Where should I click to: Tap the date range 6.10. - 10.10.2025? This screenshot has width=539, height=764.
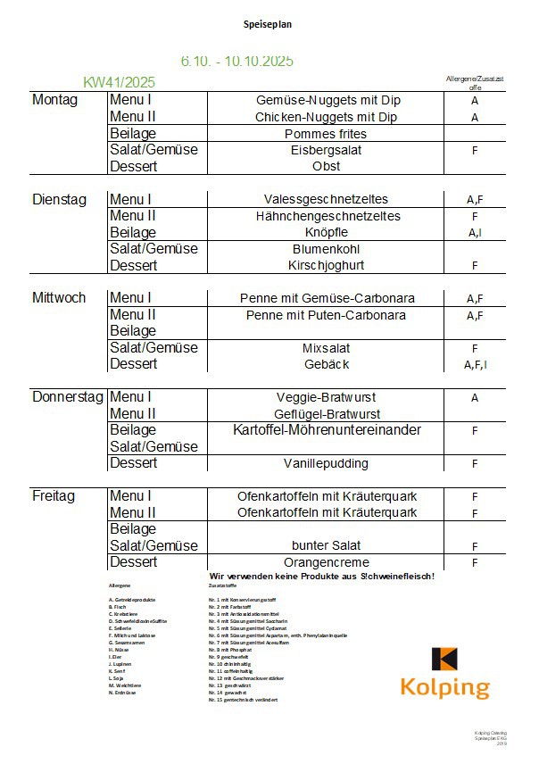pos(236,61)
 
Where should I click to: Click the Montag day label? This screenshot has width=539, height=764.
pos(55,100)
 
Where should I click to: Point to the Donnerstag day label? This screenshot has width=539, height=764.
pos(68,397)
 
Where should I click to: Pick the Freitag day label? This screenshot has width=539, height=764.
pos(54,496)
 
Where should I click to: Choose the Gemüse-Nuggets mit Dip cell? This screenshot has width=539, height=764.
pos(326,101)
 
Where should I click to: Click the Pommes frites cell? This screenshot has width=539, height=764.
pos(326,134)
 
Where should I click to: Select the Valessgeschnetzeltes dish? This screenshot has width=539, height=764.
pos(326,200)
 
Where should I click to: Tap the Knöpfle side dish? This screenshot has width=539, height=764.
pos(326,233)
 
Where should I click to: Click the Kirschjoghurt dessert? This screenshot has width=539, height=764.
pos(326,266)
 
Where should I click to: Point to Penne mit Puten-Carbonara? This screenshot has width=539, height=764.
pos(326,315)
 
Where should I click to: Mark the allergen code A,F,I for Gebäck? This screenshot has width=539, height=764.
pos(475,365)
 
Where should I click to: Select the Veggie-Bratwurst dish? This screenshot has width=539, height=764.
pos(326,397)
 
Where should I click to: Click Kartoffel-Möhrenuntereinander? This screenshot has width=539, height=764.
pos(326,430)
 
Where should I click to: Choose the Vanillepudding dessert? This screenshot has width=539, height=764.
pos(326,464)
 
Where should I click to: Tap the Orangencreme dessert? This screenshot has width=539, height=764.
pos(326,563)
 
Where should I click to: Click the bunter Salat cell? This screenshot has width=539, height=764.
pos(326,546)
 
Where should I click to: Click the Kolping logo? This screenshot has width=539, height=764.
pos(444,673)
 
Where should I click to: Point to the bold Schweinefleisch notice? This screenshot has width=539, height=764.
pos(321,577)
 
